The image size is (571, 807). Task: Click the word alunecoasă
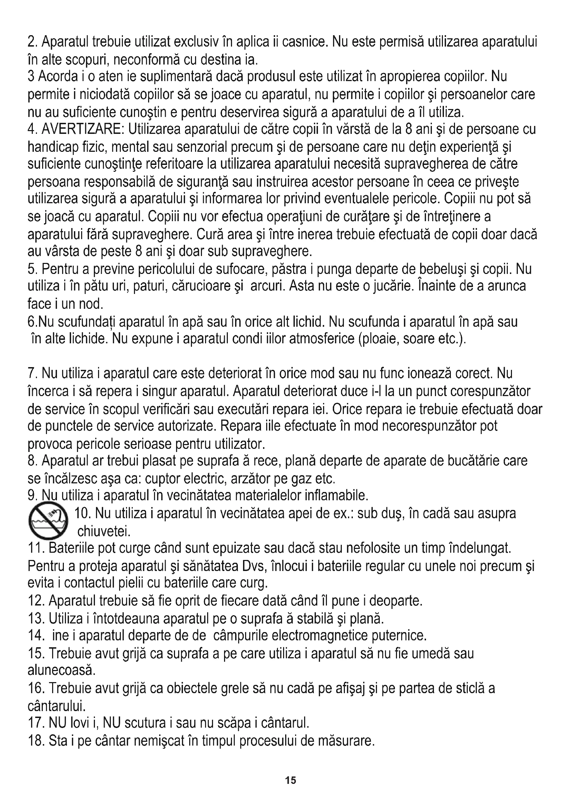pos(61,670)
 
